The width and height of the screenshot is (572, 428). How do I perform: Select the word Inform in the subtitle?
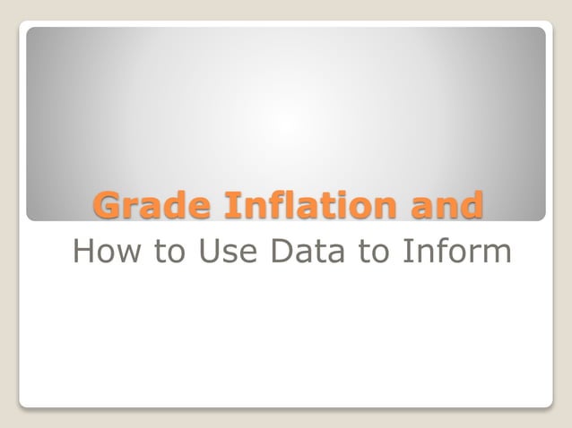[455, 252]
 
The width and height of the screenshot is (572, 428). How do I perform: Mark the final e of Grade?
[202, 208]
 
